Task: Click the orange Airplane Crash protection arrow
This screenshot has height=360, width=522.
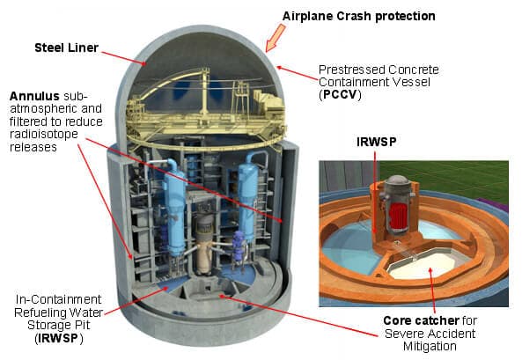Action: coord(276,39)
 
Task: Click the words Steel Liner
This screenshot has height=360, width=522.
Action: coord(67,48)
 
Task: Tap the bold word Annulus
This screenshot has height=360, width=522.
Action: coord(34,96)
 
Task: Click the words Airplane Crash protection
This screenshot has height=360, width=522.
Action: coord(359,16)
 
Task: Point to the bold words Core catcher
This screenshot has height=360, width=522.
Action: coord(421,320)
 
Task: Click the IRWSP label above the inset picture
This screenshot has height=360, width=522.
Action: coord(377,142)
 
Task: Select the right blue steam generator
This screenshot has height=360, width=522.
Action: coord(248,196)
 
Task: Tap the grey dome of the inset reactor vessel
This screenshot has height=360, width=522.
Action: coord(397,180)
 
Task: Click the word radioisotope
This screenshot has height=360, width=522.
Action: coord(44,134)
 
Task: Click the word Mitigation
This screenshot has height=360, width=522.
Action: coord(430,346)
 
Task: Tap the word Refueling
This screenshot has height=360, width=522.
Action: coord(41,312)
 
